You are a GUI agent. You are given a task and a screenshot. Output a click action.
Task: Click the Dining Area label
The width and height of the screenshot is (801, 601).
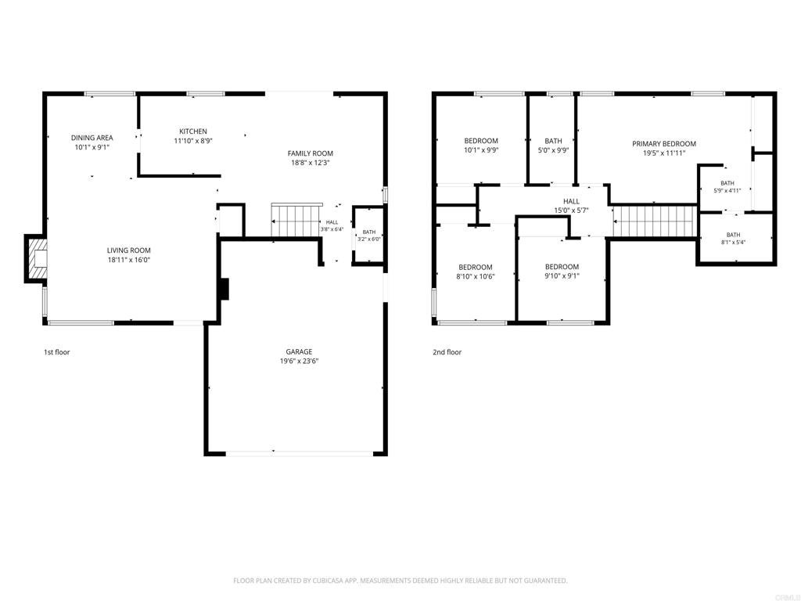pyautogui.click(x=92, y=138)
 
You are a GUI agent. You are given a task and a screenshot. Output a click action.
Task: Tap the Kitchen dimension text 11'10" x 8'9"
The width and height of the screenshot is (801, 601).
pyautogui.click(x=193, y=141)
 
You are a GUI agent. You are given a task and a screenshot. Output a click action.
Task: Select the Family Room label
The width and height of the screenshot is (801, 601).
pyautogui.click(x=310, y=153)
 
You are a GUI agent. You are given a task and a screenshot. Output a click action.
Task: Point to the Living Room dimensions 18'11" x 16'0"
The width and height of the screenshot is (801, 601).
pyautogui.click(x=129, y=260)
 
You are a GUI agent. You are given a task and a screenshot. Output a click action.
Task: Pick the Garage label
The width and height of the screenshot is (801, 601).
pyautogui.click(x=299, y=351)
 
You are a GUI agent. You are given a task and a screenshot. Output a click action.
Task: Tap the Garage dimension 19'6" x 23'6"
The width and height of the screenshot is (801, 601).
pyautogui.click(x=299, y=362)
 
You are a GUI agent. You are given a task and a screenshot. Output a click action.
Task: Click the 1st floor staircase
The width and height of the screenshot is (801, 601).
pyautogui.click(x=296, y=221)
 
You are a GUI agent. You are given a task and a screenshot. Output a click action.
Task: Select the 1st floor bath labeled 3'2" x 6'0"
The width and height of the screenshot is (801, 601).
pyautogui.click(x=368, y=236)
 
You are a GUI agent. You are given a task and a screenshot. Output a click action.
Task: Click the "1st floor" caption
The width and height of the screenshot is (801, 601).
pyautogui.click(x=56, y=352)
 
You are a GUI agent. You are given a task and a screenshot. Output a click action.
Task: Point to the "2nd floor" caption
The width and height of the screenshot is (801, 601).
pyautogui.click(x=447, y=352)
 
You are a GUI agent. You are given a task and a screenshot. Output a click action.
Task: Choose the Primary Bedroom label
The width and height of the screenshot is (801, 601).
pyautogui.click(x=664, y=144)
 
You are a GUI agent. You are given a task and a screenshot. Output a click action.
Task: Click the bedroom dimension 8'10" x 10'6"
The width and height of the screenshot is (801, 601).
pyautogui.click(x=476, y=276)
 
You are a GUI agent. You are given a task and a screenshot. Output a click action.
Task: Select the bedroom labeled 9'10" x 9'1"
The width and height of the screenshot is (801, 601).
pyautogui.click(x=562, y=271)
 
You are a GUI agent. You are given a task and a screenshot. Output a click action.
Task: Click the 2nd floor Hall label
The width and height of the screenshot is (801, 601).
pyautogui.click(x=571, y=201)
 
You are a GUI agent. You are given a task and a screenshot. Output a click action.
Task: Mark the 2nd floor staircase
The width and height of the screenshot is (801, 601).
pyautogui.click(x=655, y=221)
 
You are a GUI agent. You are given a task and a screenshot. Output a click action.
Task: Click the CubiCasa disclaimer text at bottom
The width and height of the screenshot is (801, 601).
pyautogui.click(x=400, y=581)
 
